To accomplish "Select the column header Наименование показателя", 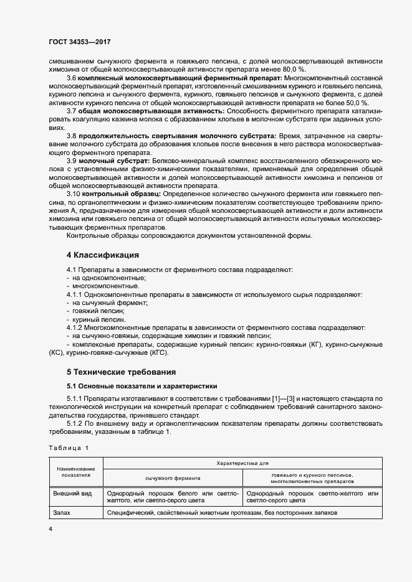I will tap(75, 471).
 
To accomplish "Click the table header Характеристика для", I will tap(242, 464).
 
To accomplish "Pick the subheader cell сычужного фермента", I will tap(173, 478).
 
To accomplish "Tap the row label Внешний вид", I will tap(74, 493).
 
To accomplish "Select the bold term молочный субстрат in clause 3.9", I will tap(117, 161).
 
